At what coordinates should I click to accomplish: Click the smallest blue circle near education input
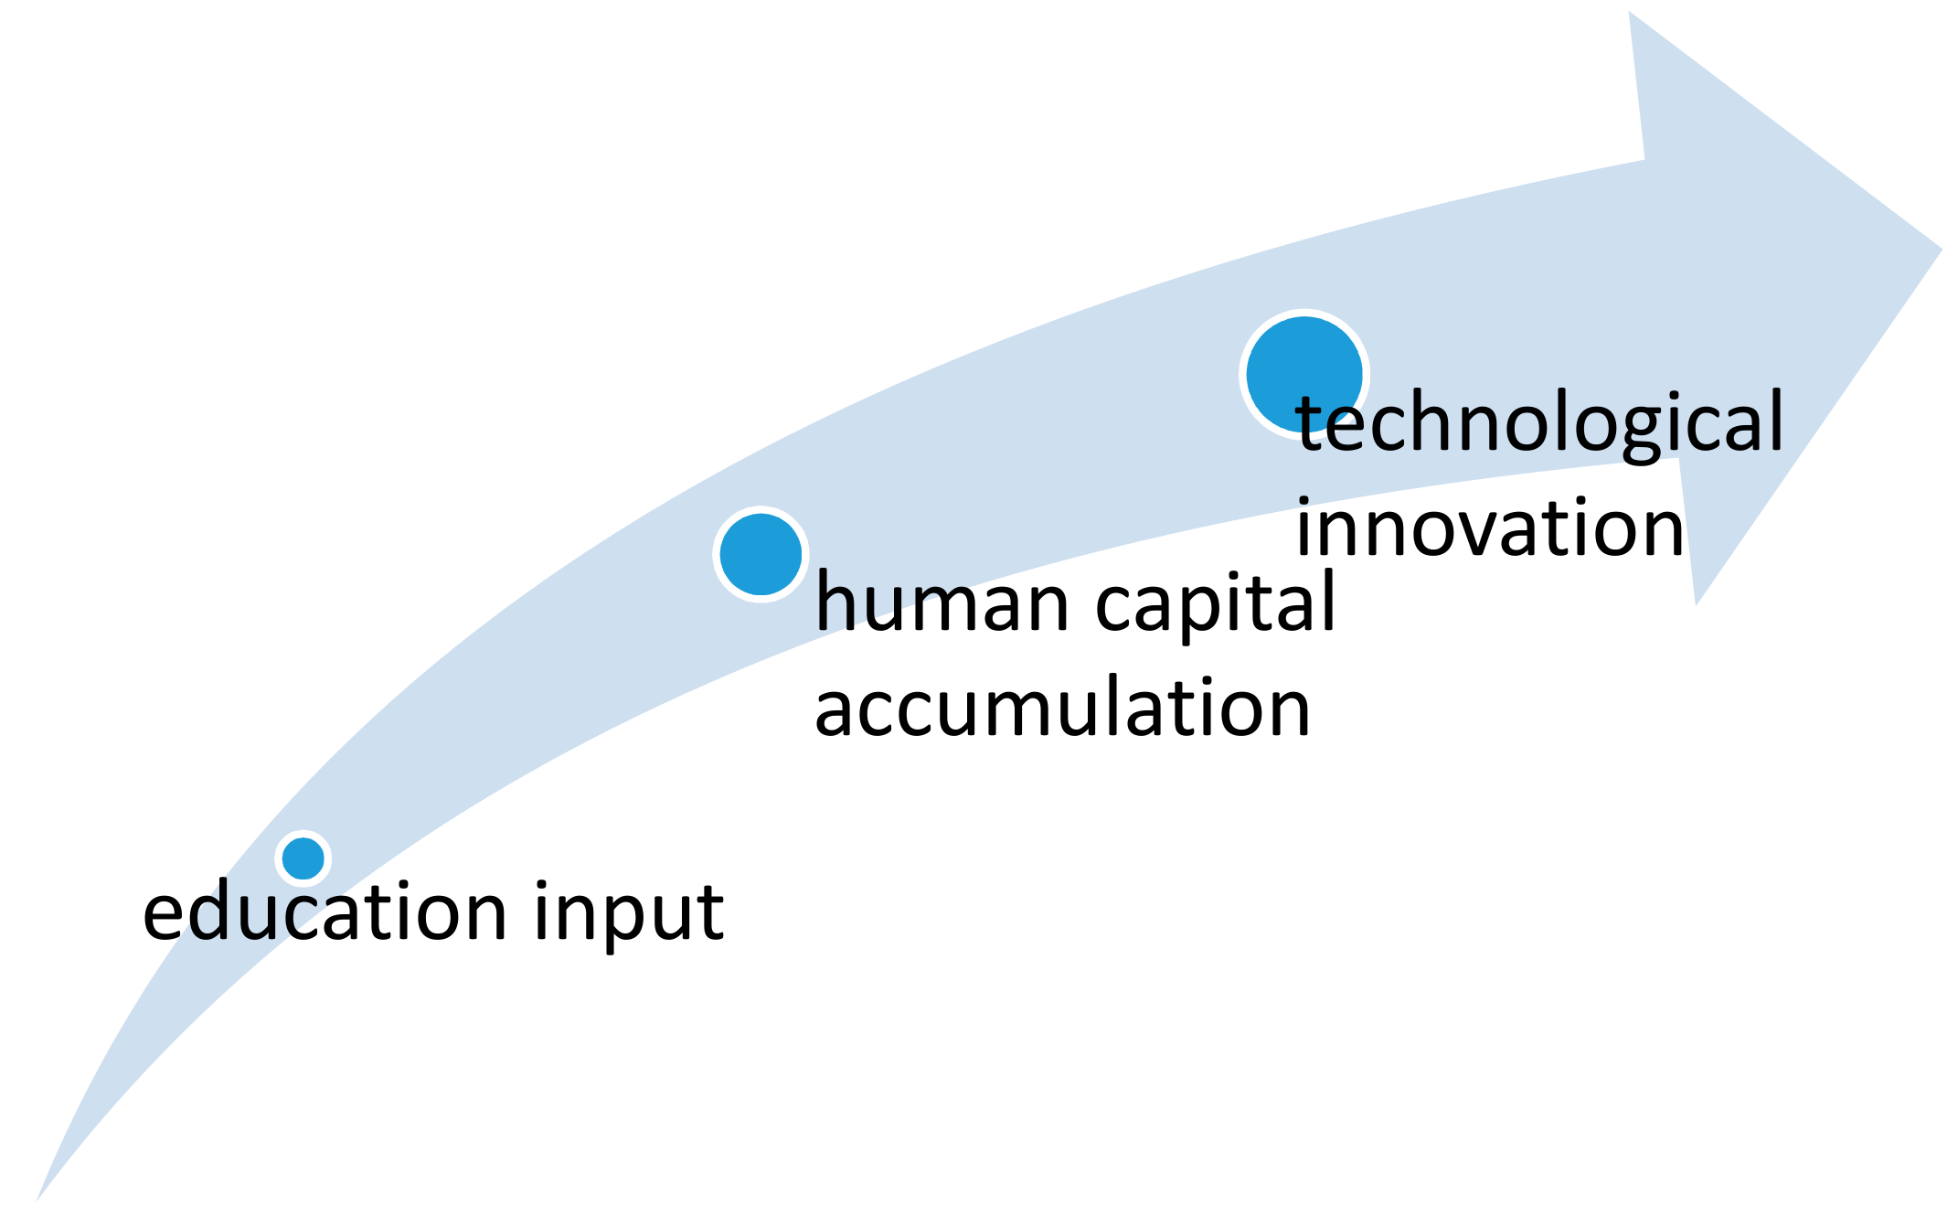click(x=303, y=858)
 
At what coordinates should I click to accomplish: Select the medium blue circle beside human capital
click(x=761, y=554)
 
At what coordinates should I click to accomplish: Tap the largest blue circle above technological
click(x=1304, y=374)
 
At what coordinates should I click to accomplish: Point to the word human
click(x=942, y=603)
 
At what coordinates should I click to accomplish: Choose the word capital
click(x=1216, y=603)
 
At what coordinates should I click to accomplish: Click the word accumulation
click(x=1062, y=709)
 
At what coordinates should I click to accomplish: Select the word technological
click(x=1539, y=423)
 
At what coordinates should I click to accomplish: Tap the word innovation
click(x=1490, y=528)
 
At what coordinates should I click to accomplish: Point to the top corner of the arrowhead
click(x=1630, y=13)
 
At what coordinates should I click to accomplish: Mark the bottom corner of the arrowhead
click(x=1697, y=603)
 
